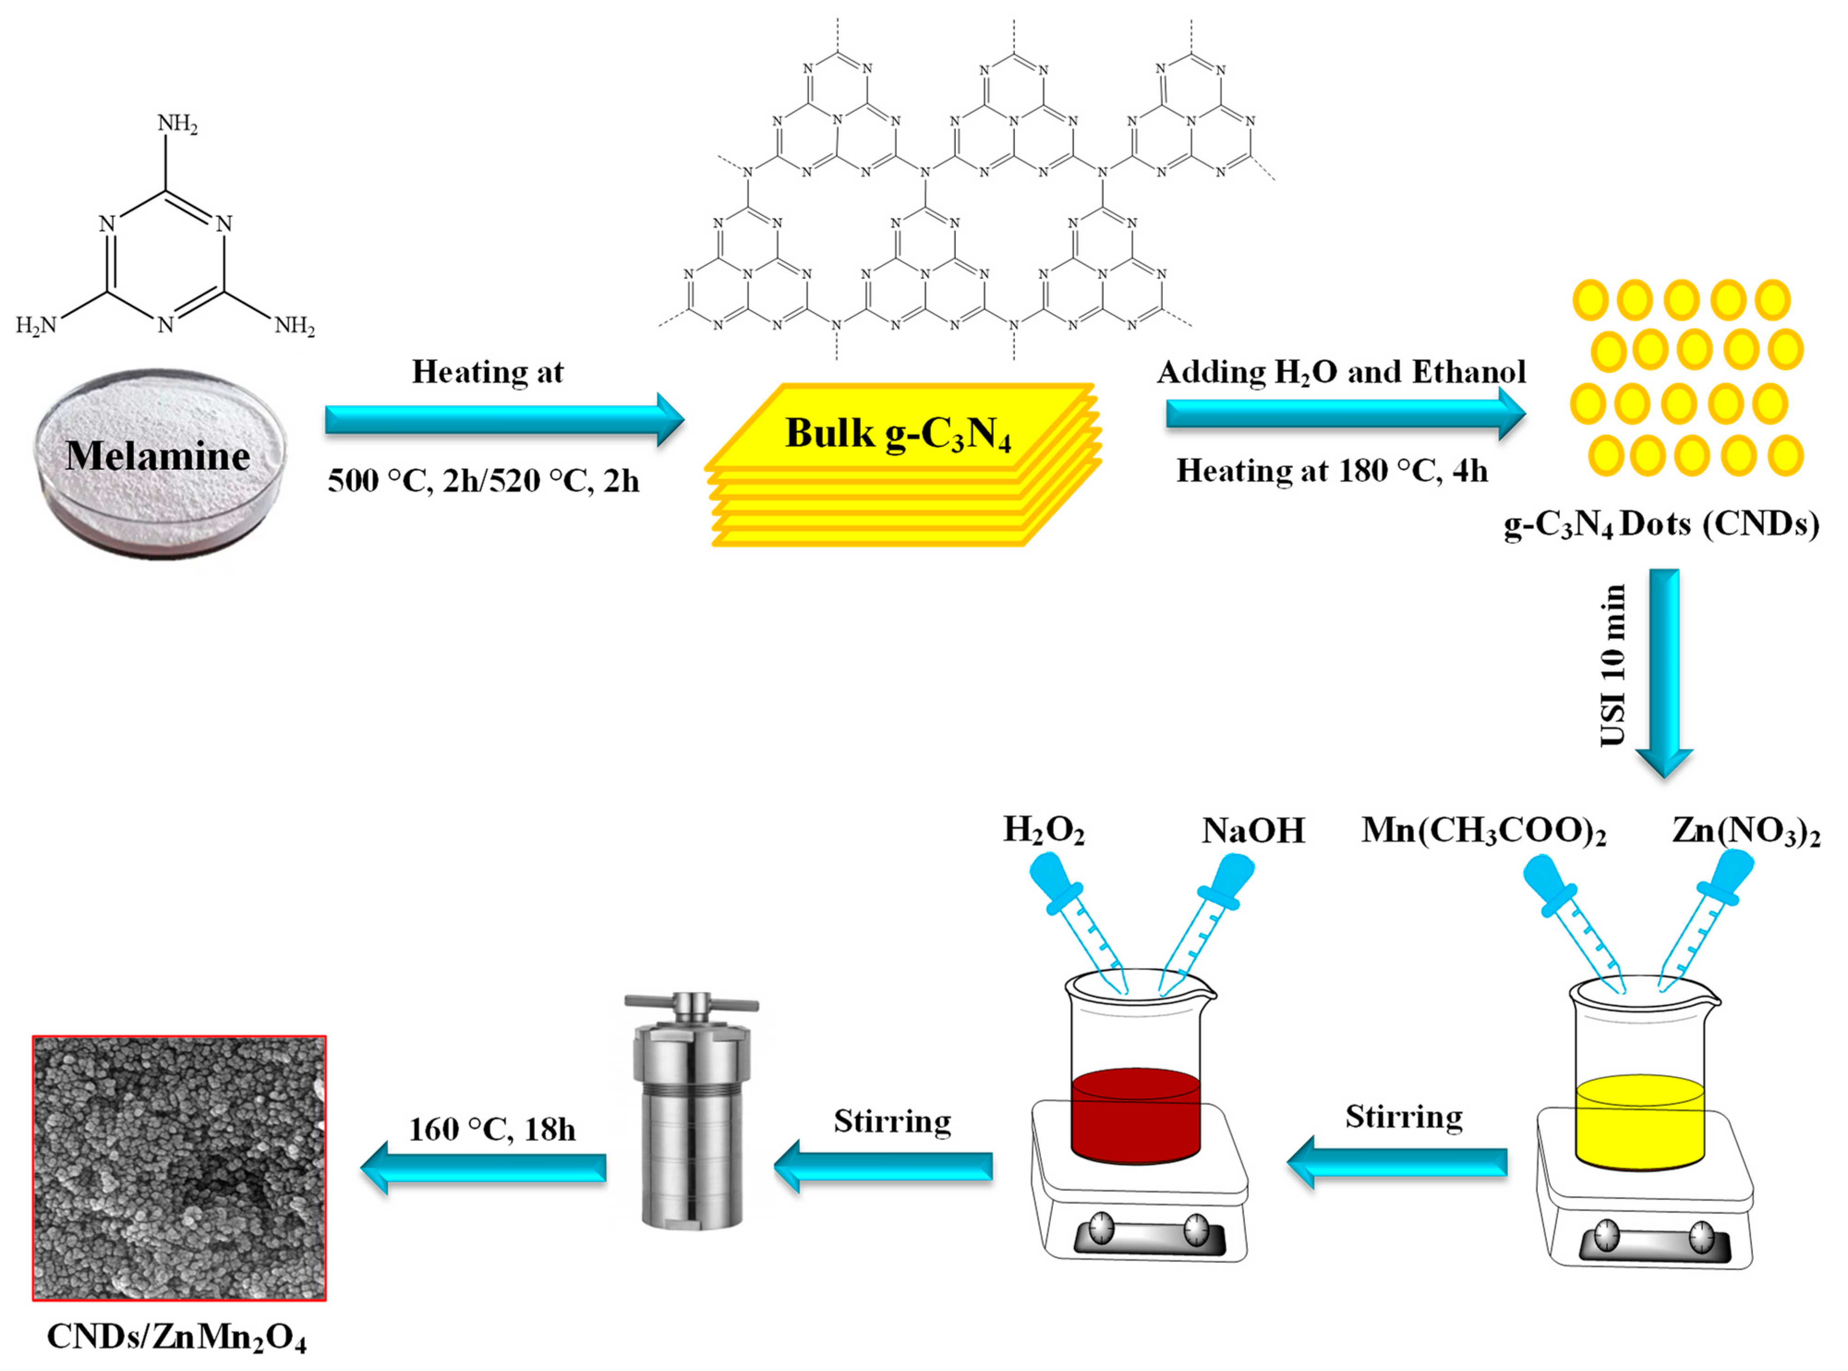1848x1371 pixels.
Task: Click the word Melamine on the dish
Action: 158,457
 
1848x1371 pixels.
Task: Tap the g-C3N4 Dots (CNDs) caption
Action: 1661,524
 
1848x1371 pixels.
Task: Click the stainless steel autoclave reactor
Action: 691,1112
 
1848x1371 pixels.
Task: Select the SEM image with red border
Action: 179,1168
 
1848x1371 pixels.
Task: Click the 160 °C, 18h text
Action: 492,1130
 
